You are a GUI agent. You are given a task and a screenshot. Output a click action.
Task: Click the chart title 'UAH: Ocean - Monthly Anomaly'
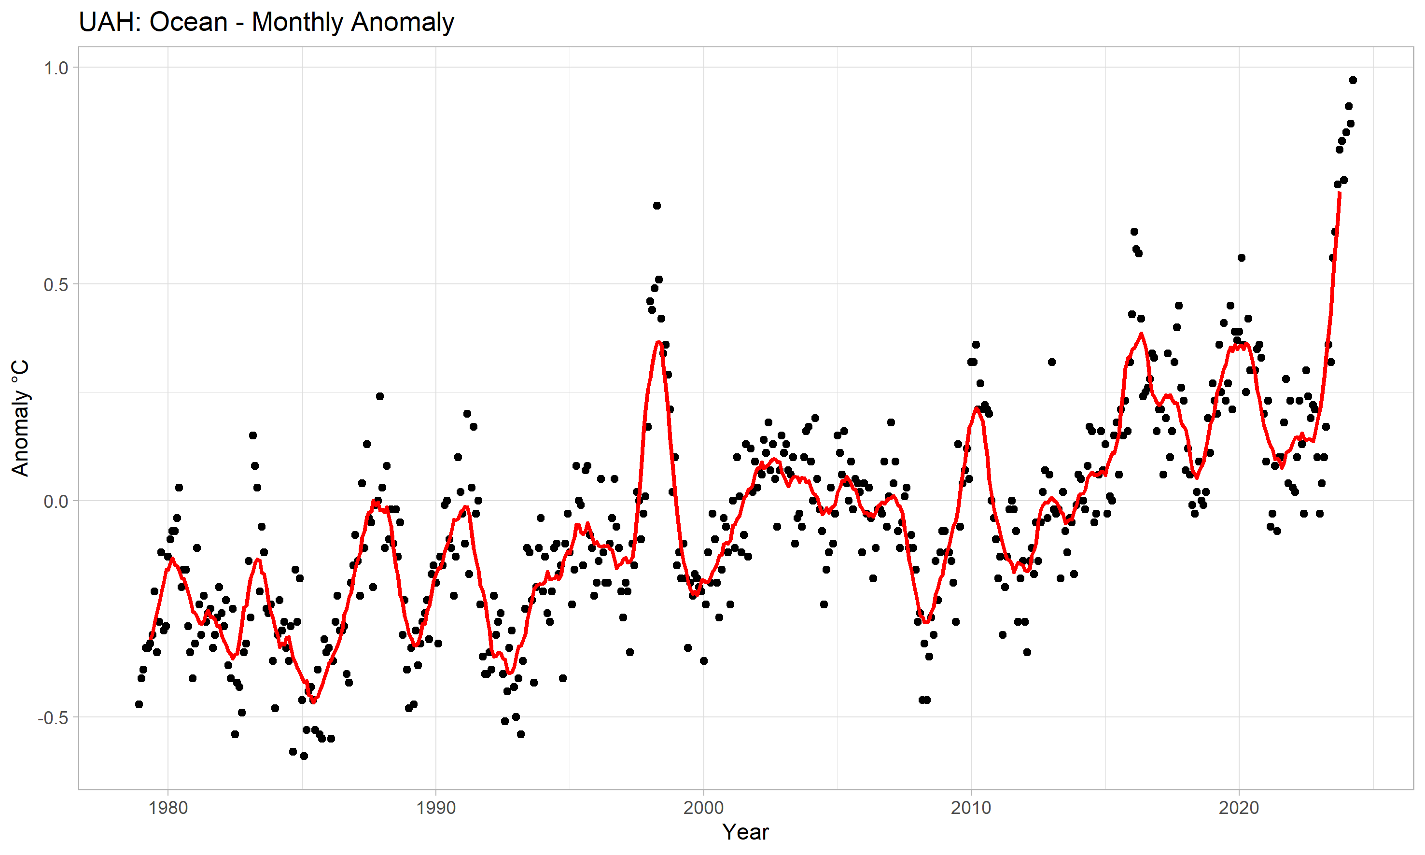[x=266, y=23]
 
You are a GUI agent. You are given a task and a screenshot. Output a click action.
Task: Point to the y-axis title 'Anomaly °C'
[x=20, y=418]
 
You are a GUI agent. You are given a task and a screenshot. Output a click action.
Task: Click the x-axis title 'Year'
[x=745, y=832]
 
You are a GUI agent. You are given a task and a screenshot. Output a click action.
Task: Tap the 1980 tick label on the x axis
[x=168, y=808]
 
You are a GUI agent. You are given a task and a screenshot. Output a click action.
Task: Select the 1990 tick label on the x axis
[x=435, y=808]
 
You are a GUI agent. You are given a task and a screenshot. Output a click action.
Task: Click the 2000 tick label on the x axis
[x=703, y=808]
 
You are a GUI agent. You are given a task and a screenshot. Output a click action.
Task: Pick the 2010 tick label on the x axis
[x=971, y=808]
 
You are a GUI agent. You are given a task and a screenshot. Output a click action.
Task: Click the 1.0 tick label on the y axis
[x=56, y=68]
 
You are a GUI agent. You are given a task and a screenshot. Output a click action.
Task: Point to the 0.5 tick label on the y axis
[x=56, y=285]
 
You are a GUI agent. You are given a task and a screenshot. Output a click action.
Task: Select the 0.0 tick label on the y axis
[x=56, y=501]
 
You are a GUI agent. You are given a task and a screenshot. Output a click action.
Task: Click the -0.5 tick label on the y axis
[x=53, y=718]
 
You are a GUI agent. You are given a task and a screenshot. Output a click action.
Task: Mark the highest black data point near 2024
[x=1353, y=80]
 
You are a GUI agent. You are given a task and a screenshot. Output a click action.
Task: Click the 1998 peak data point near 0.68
[x=657, y=206]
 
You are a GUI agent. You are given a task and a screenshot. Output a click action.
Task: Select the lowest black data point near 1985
[x=304, y=756]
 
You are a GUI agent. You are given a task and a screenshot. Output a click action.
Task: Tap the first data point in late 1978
[x=139, y=704]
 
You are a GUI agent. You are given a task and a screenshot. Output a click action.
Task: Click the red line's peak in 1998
[x=658, y=342]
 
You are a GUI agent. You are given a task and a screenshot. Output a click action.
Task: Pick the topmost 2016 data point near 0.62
[x=1134, y=232]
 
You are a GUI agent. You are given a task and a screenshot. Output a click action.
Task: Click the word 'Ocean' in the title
[x=188, y=23]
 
